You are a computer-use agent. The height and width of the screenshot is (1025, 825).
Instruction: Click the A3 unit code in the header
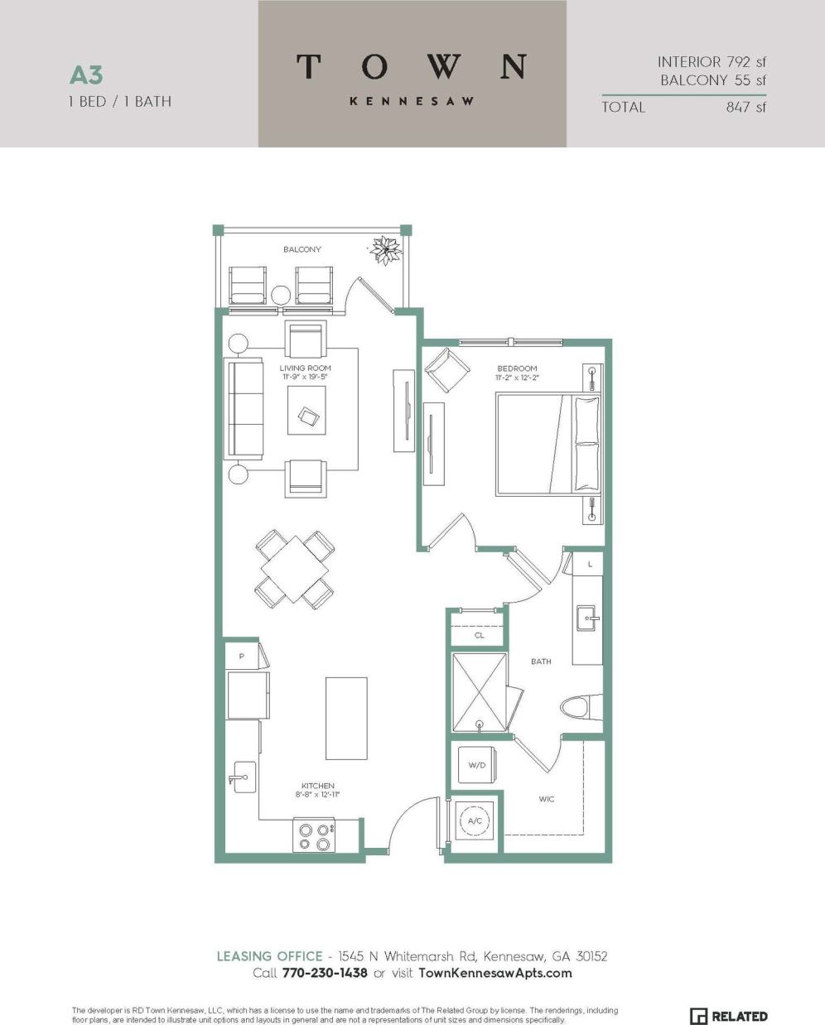click(x=86, y=75)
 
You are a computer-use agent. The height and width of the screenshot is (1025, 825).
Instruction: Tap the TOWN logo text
click(x=412, y=66)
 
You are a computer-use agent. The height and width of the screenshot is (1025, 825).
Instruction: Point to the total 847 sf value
click(x=745, y=107)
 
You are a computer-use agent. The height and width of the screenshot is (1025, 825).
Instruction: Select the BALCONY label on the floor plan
click(x=302, y=249)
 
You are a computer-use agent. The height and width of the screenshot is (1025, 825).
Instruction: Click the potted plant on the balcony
click(x=385, y=248)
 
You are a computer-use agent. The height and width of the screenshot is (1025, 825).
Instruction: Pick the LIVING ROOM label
click(x=305, y=368)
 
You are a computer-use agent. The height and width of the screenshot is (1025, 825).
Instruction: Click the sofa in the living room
click(x=242, y=410)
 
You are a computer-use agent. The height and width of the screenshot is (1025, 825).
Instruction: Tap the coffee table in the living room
click(x=306, y=410)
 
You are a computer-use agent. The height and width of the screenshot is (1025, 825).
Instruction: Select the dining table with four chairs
click(x=294, y=570)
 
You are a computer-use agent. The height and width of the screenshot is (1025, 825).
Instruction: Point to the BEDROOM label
click(x=517, y=368)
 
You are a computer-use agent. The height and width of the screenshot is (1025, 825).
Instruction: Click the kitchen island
click(x=346, y=718)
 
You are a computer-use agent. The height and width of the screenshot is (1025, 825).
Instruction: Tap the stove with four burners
click(x=314, y=835)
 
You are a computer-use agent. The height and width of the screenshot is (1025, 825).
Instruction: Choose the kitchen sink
click(x=244, y=777)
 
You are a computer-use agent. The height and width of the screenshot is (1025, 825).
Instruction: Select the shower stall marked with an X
click(x=479, y=692)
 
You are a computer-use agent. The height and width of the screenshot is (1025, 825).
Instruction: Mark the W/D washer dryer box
click(x=477, y=765)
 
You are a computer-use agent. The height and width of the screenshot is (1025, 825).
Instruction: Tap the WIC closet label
click(x=547, y=799)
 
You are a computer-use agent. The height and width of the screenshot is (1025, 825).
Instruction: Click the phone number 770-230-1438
click(x=325, y=973)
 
